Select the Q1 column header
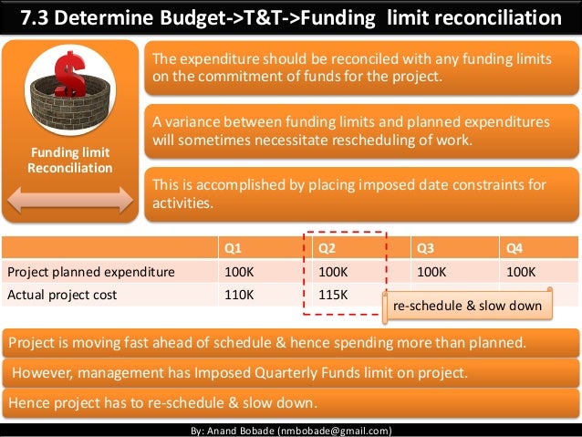[234, 248]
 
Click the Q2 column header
[326, 248]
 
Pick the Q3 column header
[426, 248]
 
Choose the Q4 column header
[515, 248]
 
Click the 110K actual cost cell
[238, 294]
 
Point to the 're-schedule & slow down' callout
[467, 307]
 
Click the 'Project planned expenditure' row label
[90, 272]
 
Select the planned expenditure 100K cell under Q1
[238, 272]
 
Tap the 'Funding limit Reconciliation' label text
[70, 161]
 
